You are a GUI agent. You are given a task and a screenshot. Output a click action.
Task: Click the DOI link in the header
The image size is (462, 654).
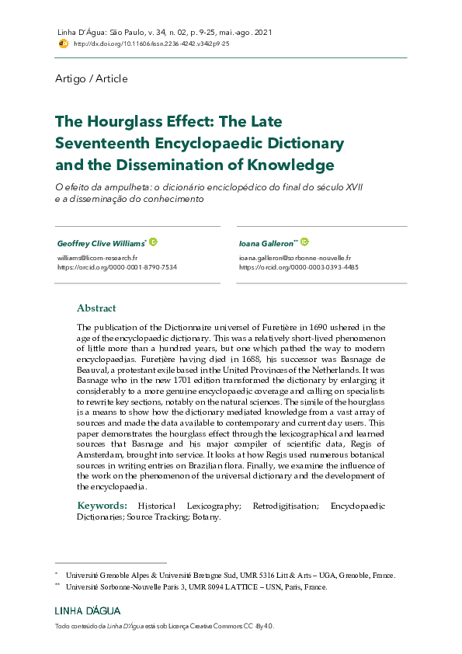pos(151,44)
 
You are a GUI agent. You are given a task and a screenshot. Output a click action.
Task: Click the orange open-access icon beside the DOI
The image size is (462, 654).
pos(63,44)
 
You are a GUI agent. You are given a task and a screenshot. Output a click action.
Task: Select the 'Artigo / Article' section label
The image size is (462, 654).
pos(92,78)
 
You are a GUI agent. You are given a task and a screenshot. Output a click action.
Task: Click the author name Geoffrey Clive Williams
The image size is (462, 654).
pos(100,243)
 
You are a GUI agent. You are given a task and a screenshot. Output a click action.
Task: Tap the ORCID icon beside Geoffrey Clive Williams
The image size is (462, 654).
pos(153,242)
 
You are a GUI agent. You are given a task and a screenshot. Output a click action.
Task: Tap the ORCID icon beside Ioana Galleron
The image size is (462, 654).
pos(304,242)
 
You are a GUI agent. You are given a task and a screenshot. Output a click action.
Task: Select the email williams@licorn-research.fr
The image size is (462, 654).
pos(97,257)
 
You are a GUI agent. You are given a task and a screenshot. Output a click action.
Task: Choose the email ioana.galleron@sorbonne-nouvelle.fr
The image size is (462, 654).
pos(294,257)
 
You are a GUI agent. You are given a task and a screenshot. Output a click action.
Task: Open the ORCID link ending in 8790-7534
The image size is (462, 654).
pos(116,266)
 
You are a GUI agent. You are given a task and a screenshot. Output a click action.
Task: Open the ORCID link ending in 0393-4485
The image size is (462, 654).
pos(298,266)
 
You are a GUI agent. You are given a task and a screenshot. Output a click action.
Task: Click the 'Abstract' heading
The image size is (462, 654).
pos(96,308)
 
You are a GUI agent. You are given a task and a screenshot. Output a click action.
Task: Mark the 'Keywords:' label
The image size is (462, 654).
pos(102,506)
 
